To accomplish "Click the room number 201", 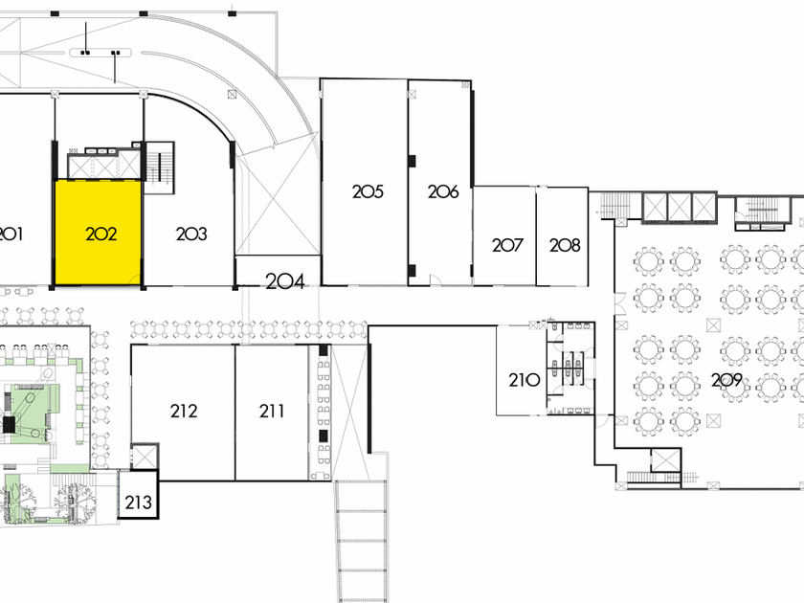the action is pyautogui.click(x=11, y=234).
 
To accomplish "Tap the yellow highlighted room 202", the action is pyautogui.click(x=100, y=234).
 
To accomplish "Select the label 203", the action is pyautogui.click(x=191, y=234).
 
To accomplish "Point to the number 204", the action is pyautogui.click(x=284, y=281).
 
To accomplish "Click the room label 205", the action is pyautogui.click(x=368, y=191).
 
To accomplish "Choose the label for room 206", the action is pyautogui.click(x=443, y=191).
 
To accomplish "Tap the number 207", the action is pyautogui.click(x=507, y=245).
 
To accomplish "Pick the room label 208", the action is pyautogui.click(x=565, y=245).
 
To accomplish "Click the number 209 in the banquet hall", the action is pyautogui.click(x=726, y=380).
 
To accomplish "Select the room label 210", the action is pyautogui.click(x=524, y=380).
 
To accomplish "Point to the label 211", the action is pyautogui.click(x=272, y=412).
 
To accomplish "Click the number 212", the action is pyautogui.click(x=184, y=412).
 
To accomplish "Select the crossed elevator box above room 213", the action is pyautogui.click(x=143, y=458).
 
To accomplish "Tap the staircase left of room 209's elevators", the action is pyautogui.click(x=614, y=206).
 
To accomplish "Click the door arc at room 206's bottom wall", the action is pyautogui.click(x=436, y=279).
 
